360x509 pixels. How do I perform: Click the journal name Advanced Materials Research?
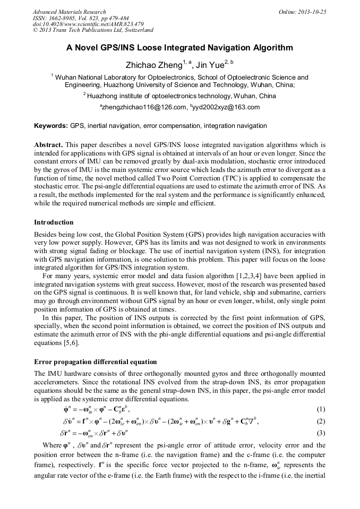tap(69, 12)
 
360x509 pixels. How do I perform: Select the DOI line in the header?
tap(88, 24)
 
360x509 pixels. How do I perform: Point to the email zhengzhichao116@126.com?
tap(143, 107)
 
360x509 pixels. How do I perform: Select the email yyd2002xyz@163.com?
tap(227, 107)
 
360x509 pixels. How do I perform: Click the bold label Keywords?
tap(50, 126)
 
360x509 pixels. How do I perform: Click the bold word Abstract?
tap(48, 144)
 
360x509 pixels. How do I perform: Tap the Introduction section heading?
tap(54, 222)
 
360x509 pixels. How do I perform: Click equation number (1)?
tap(321, 409)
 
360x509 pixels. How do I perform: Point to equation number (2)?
tap(321, 421)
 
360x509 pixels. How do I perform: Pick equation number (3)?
tap(321, 433)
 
